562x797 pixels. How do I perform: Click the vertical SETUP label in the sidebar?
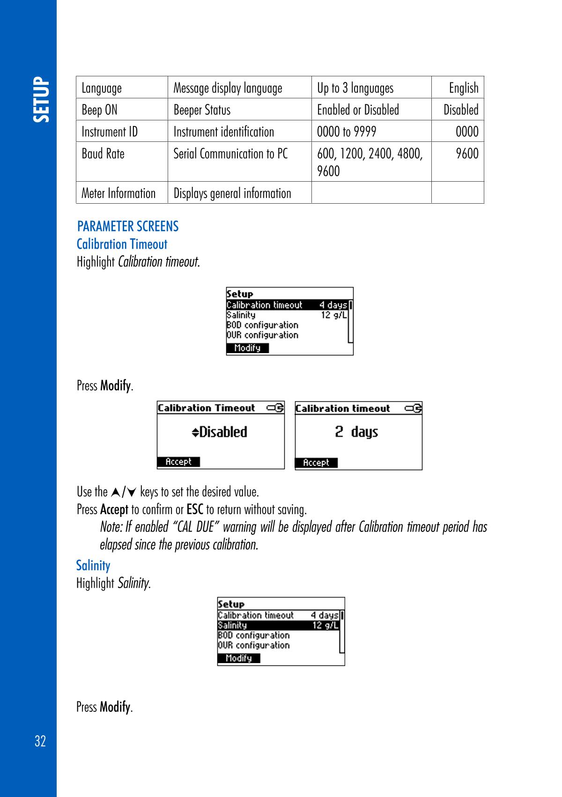[40, 100]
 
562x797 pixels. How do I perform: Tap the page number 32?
[40, 741]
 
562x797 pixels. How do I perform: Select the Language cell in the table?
[102, 88]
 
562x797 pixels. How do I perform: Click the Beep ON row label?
[99, 110]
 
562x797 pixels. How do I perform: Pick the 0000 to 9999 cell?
[347, 132]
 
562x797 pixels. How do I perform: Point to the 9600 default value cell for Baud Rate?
[467, 154]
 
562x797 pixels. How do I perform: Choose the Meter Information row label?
[118, 193]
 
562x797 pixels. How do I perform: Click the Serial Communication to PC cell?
[230, 154]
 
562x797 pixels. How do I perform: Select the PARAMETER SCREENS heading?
[128, 227]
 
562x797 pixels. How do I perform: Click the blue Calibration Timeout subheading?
[122, 244]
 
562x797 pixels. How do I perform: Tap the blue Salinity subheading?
[93, 566]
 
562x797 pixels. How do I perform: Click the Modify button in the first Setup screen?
[247, 348]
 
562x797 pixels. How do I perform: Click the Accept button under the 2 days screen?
[316, 463]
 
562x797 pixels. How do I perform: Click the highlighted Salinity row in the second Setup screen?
[278, 626]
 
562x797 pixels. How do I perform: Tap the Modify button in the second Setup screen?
[239, 658]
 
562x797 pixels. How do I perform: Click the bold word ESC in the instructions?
[194, 509]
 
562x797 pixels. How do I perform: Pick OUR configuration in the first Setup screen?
[262, 335]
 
